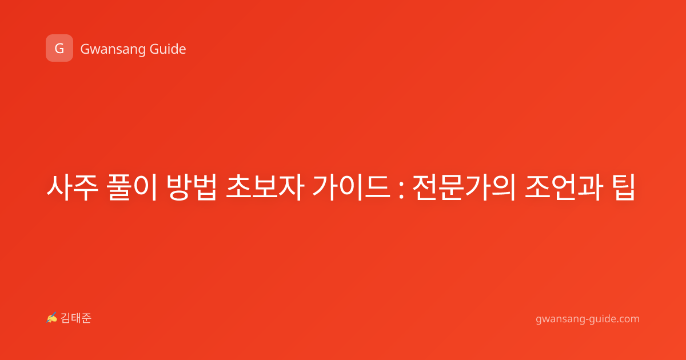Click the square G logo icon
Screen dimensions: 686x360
59,48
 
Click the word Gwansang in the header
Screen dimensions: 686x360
113,49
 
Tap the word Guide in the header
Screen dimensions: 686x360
167,49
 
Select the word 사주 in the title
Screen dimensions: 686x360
72,187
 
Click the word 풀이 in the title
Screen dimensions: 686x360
133,187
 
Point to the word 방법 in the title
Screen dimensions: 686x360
192,187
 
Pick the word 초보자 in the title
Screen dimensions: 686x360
265,187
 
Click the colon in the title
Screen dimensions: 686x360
402,190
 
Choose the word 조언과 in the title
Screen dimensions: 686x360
564,187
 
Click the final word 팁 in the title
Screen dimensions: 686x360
624,187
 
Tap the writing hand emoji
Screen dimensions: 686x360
52,318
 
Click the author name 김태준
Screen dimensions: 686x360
76,318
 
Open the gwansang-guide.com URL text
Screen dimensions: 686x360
588,319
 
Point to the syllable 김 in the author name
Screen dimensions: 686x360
66,318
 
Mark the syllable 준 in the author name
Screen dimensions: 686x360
86,318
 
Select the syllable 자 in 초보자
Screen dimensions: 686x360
291,187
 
